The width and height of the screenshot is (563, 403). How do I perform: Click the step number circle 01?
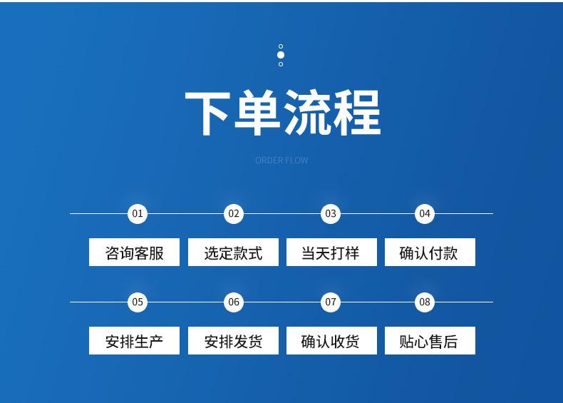pos(138,213)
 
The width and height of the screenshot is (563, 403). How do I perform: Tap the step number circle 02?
pos(234,213)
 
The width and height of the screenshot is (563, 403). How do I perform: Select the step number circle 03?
pos(331,213)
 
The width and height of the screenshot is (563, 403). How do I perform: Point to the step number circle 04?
pos(425,213)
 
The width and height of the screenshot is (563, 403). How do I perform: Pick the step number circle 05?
pos(138,302)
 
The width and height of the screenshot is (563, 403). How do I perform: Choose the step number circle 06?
pos(234,302)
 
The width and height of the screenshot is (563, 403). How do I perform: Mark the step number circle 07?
pos(331,302)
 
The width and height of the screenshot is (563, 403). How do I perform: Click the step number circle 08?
pos(425,302)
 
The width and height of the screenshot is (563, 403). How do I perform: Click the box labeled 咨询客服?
pos(134,252)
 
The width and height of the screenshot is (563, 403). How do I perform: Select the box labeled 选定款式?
pos(233,252)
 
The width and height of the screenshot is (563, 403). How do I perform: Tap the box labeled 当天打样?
pos(332,252)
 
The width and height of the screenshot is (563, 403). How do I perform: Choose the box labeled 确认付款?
pos(430,252)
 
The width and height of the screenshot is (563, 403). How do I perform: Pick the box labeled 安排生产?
pos(134,340)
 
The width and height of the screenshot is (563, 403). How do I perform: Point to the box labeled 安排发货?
pos(233,340)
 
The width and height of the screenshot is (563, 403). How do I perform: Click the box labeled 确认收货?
pos(332,340)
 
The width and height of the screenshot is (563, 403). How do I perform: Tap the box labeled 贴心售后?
pos(430,340)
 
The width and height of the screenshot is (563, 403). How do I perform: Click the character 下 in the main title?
pos(207,113)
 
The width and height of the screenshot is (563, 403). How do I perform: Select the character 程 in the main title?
pos(357,113)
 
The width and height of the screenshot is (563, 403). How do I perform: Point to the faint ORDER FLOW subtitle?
pos(281,160)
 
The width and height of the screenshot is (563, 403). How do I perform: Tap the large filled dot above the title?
pos(281,55)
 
